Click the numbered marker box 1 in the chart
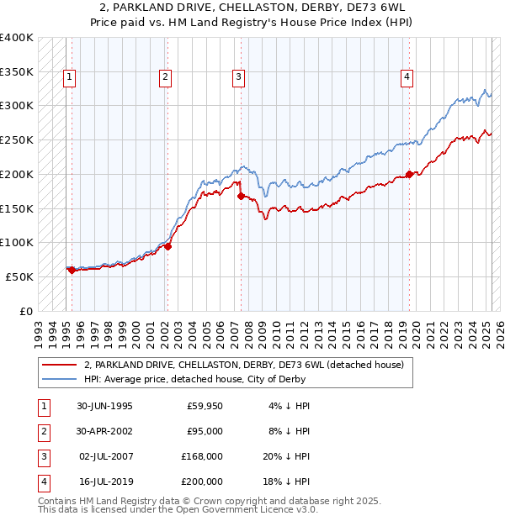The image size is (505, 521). click(x=69, y=77)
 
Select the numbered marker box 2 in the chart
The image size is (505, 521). click(x=165, y=77)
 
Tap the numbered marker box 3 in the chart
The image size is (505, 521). click(x=239, y=77)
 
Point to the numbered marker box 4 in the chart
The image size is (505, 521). click(x=407, y=77)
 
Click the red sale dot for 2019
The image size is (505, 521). click(x=409, y=175)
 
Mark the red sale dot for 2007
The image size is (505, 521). click(x=242, y=196)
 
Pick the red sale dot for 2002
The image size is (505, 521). click(x=168, y=246)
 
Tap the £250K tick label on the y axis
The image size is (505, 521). click(x=17, y=139)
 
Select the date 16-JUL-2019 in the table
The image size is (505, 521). click(x=104, y=482)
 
